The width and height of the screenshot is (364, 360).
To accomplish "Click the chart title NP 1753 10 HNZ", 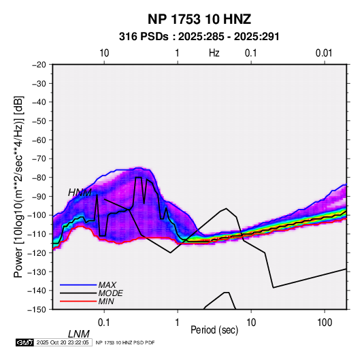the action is pyautogui.click(x=199, y=19).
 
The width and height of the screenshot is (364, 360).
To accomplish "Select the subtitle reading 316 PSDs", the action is pyautogui.click(x=144, y=37).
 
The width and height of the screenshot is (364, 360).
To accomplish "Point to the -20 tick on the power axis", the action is pyautogui.click(x=39, y=65).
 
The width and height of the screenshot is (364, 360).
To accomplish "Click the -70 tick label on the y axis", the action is pyautogui.click(x=39, y=159).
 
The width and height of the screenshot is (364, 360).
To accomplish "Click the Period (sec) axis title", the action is pyautogui.click(x=214, y=330).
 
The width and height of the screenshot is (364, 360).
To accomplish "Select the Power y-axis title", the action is pyautogui.click(x=18, y=186).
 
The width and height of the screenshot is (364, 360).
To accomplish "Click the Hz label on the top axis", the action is pyautogui.click(x=214, y=53).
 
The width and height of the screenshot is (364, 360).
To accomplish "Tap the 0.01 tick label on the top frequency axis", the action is pyautogui.click(x=324, y=53).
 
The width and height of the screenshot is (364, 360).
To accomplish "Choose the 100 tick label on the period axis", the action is pyautogui.click(x=325, y=323).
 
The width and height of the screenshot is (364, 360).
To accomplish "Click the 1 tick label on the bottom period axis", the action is pyautogui.click(x=178, y=323).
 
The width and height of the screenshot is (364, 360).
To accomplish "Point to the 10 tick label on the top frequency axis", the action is pyautogui.click(x=104, y=53).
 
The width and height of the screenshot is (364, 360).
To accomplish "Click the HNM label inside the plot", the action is pyautogui.click(x=80, y=193).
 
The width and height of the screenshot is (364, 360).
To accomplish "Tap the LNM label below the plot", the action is pyautogui.click(x=79, y=334).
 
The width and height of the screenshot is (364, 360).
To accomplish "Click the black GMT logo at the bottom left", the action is pyautogui.click(x=25, y=342).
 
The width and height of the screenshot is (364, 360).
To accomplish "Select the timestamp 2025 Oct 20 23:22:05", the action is pyautogui.click(x=63, y=342).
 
